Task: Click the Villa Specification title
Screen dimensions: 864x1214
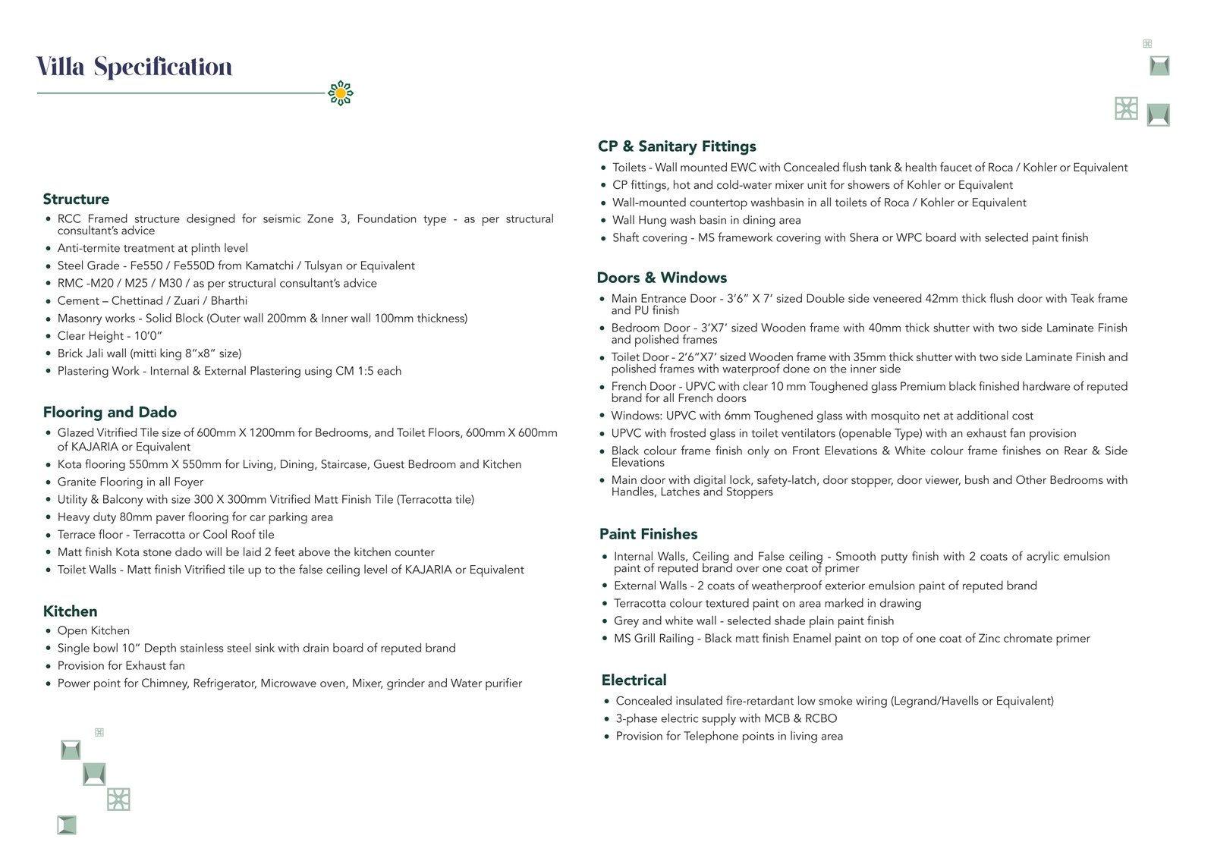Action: pos(134,68)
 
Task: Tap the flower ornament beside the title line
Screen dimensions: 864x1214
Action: pos(341,93)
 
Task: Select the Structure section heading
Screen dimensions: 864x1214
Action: pos(76,200)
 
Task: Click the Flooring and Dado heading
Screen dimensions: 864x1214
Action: pos(110,413)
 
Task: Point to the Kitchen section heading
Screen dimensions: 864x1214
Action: pos(70,611)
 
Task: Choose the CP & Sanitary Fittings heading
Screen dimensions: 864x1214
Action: pos(677,146)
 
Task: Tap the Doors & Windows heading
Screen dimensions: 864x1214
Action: pos(662,278)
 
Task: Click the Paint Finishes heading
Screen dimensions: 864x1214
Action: pos(648,534)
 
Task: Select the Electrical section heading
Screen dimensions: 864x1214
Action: pos(634,680)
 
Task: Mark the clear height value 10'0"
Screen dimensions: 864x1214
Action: pos(149,336)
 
